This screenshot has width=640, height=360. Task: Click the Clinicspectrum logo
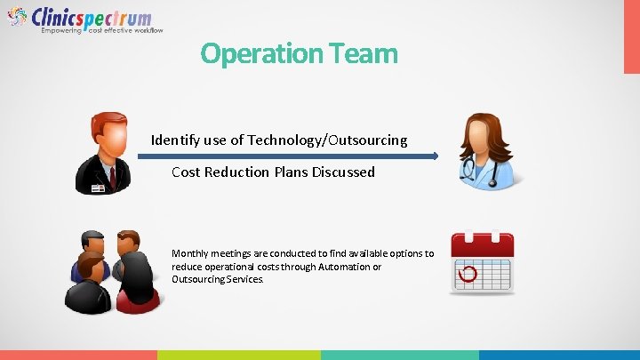click(x=80, y=19)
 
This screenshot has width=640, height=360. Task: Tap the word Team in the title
click(x=366, y=53)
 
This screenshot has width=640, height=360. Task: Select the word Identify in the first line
click(x=177, y=140)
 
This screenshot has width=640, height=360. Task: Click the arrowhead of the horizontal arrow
click(x=435, y=156)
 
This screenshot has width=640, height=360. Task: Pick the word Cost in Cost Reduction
click(x=186, y=172)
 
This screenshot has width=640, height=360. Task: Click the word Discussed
click(x=343, y=172)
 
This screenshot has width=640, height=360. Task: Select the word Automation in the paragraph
click(x=347, y=266)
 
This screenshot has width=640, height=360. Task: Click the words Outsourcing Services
click(x=218, y=279)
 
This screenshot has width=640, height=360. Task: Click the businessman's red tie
click(x=113, y=175)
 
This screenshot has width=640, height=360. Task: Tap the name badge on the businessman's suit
click(x=97, y=188)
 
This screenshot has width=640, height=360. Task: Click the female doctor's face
click(x=481, y=141)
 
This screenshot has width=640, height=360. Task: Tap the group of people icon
click(x=112, y=270)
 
